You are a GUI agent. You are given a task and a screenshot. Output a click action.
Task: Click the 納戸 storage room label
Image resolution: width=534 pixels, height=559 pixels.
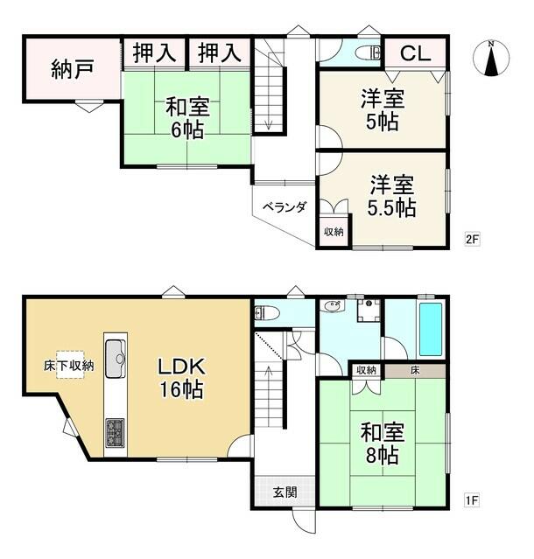pyautogui.click(x=73, y=69)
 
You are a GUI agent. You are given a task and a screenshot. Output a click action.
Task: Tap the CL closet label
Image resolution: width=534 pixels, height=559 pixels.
pyautogui.click(x=415, y=53)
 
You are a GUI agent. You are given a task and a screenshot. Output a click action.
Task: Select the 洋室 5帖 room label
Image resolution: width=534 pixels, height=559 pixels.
pyautogui.click(x=383, y=110)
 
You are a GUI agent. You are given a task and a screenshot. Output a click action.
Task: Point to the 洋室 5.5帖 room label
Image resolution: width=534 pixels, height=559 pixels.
pyautogui.click(x=391, y=196)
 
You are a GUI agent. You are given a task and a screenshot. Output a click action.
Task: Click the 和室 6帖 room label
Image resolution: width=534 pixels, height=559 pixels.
pyautogui.click(x=187, y=118)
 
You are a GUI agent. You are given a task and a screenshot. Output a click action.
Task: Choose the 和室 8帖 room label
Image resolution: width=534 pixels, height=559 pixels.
pyautogui.click(x=383, y=443)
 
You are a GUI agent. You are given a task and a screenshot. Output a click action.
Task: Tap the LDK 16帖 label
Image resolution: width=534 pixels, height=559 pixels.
pyautogui.click(x=181, y=378)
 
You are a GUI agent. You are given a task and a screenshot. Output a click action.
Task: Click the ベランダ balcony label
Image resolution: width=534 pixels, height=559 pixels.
pyautogui.click(x=285, y=206)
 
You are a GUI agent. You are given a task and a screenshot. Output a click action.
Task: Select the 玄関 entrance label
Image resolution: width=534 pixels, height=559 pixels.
pyautogui.click(x=285, y=493)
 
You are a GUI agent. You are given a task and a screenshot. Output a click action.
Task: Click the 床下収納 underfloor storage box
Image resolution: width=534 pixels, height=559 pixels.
pyautogui.click(x=69, y=365)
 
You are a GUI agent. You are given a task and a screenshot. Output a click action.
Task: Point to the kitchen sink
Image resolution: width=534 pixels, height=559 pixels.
pyautogui.click(x=116, y=358)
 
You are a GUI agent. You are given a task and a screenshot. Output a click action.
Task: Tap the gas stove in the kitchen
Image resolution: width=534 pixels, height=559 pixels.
pyautogui.click(x=115, y=432)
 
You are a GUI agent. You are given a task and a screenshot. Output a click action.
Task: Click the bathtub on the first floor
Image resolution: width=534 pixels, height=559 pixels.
pyautogui.click(x=431, y=329)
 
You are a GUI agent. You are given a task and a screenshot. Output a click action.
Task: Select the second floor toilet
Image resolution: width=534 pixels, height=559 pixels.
pyautogui.click(x=369, y=53)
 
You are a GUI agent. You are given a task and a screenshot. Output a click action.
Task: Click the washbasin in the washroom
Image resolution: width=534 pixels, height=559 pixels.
pyautogui.click(x=333, y=305)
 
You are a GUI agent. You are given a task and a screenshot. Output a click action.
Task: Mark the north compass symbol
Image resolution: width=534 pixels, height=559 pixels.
pyautogui.click(x=491, y=58)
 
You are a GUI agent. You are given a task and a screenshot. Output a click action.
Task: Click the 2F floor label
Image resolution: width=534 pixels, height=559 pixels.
pyautogui.click(x=472, y=239)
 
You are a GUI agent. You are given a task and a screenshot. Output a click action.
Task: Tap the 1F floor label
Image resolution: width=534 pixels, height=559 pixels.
pyautogui.click(x=472, y=500)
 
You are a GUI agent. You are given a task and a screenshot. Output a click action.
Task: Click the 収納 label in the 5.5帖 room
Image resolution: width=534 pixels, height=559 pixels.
pyautogui.click(x=334, y=232)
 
